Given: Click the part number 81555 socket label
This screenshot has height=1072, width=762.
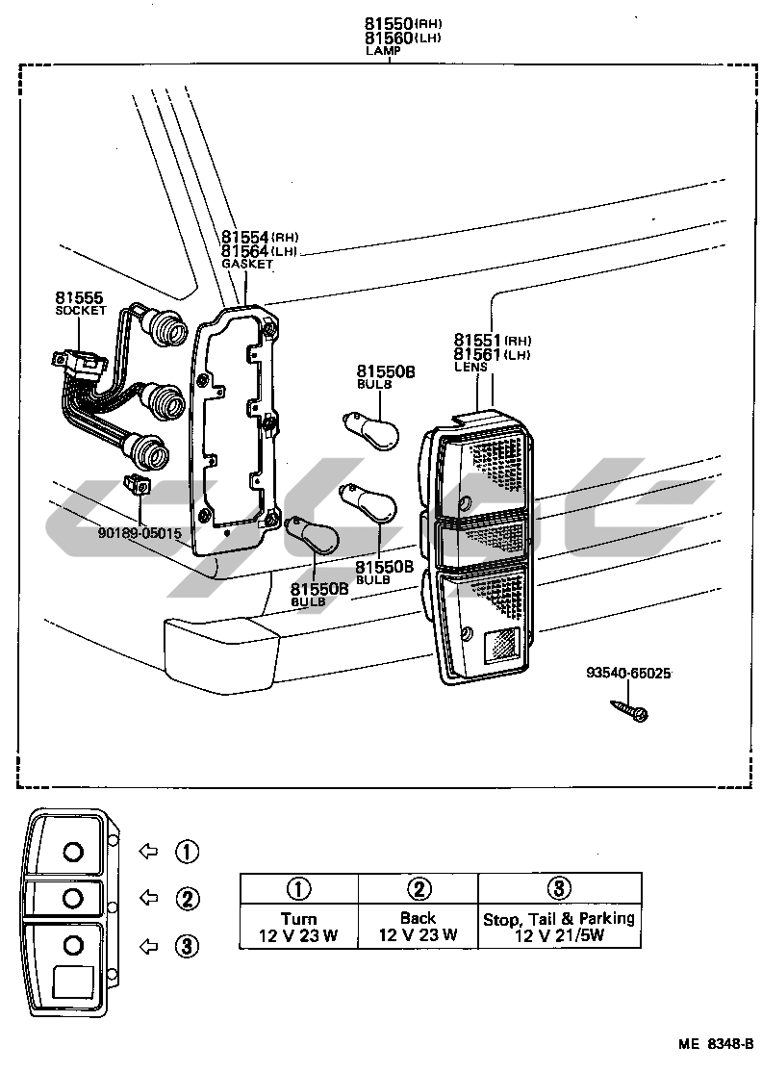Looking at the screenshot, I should [79, 299].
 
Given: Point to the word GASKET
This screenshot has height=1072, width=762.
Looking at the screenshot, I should [248, 264].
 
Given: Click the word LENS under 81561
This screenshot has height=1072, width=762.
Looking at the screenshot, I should [471, 367].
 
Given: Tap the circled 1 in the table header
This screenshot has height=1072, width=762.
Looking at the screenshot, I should [298, 888].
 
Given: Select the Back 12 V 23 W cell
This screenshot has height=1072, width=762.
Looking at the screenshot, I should [418, 926].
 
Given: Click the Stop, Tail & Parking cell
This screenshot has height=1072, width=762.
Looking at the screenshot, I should [559, 927].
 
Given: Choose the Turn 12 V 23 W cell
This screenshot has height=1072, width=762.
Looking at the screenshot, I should [298, 926].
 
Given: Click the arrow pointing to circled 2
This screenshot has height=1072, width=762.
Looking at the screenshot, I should [149, 898].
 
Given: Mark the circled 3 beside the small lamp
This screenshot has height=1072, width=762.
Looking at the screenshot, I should [187, 947].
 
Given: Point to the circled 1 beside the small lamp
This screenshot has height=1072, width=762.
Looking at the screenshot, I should [187, 851].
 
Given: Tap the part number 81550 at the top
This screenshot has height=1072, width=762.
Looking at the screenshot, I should [388, 23].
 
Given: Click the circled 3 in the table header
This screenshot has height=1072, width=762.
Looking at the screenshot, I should [559, 888].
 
